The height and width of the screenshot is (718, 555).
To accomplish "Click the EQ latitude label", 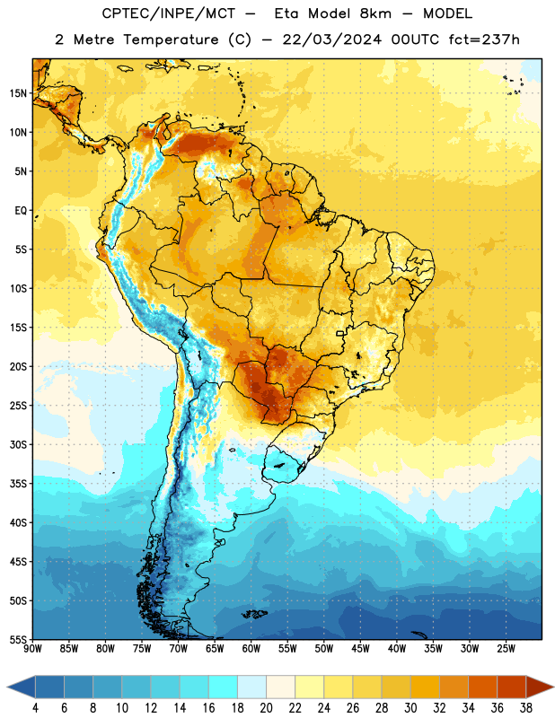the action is point(21,211).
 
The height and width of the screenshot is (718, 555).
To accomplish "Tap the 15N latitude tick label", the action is point(18,93).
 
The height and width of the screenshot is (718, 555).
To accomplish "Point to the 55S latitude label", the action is point(18,640).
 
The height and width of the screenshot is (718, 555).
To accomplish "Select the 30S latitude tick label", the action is point(18,444).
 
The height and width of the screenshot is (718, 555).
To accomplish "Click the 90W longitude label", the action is point(32,649).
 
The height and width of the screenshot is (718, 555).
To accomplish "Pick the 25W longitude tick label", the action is point(506,649).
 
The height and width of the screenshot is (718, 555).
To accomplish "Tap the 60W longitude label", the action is point(251,649).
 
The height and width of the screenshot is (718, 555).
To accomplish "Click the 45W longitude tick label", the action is point(360,649).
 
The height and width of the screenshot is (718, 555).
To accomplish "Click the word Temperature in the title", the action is point(171,39).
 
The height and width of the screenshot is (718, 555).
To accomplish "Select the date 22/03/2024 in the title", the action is point(331,39).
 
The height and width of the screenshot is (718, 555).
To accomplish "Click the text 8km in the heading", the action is point(375,13).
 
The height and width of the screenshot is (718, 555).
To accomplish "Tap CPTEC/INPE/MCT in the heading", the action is point(169,13).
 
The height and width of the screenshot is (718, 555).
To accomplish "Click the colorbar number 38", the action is point(525,708).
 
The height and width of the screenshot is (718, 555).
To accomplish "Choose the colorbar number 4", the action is point(35,708).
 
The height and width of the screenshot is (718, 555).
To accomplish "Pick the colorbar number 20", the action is point(266,708).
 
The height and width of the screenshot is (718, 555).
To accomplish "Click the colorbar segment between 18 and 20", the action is point(251,687).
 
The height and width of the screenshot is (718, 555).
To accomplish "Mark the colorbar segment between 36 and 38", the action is point(512,687).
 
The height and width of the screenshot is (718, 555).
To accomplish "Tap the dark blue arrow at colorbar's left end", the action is point(21,687).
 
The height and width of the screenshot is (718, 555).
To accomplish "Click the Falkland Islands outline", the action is point(254,614).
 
